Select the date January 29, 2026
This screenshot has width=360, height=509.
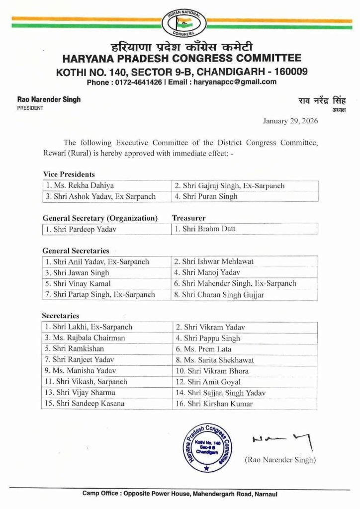pyautogui.click(x=290, y=121)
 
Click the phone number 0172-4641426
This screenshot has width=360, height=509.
pyautogui.click(x=136, y=82)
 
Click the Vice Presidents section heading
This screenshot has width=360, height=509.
pyautogui.click(x=69, y=174)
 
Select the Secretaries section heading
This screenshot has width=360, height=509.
pyautogui.click(x=61, y=316)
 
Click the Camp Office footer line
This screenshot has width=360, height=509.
pyautogui.click(x=180, y=494)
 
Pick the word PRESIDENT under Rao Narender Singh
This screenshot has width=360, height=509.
pyautogui.click(x=30, y=108)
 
